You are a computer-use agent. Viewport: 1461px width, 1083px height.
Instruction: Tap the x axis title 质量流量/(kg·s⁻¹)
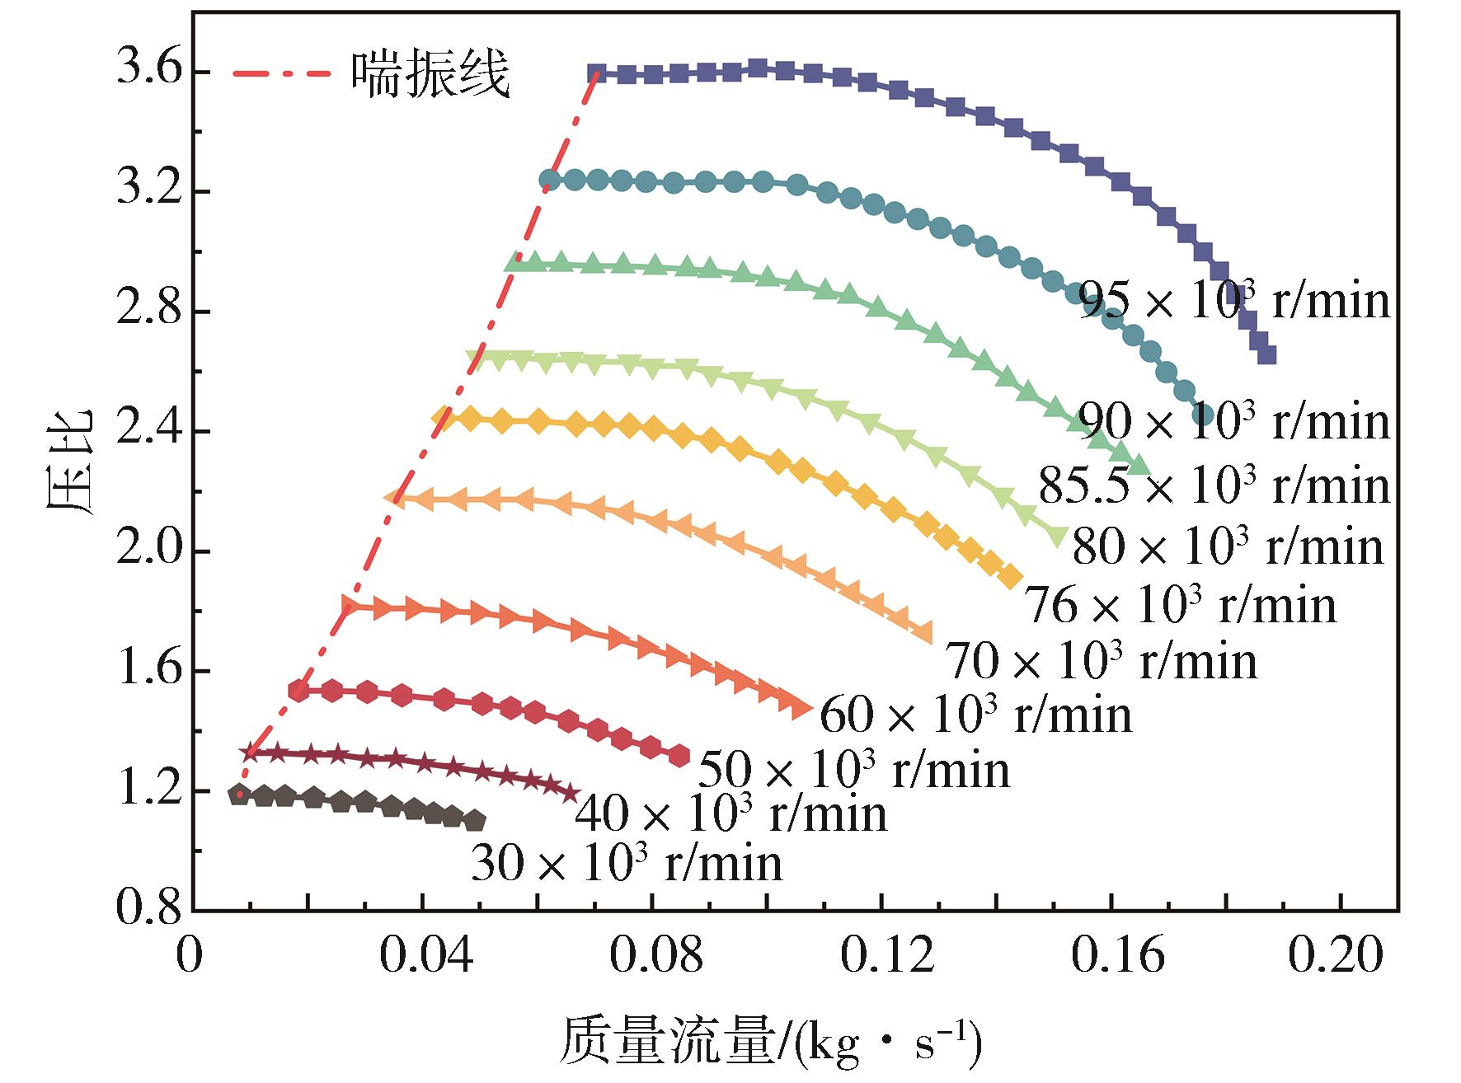click(x=771, y=1041)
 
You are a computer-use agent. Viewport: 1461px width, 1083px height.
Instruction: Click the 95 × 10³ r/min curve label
click(x=1234, y=300)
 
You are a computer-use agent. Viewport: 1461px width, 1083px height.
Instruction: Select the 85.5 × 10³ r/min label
click(x=1214, y=485)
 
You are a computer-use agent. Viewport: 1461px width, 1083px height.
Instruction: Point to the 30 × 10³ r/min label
click(x=627, y=864)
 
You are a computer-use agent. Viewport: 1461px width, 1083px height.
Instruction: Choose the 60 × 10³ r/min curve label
click(x=976, y=714)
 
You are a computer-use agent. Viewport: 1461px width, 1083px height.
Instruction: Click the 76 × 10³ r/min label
click(x=1180, y=606)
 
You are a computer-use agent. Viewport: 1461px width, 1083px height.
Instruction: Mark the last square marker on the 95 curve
click(x=1267, y=355)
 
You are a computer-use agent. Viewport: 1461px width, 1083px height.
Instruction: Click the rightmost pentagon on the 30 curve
click(x=475, y=821)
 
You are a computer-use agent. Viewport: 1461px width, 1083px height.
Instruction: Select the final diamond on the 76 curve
click(x=1011, y=578)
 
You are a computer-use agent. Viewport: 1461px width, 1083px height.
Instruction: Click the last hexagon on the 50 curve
click(x=679, y=756)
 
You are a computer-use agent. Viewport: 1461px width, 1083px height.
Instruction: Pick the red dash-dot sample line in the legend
click(x=281, y=73)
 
